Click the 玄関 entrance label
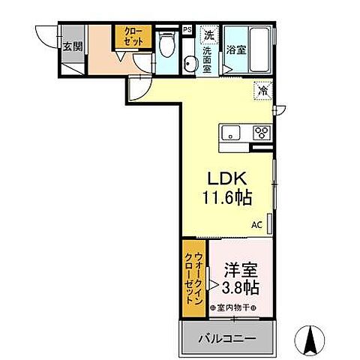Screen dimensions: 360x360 73,46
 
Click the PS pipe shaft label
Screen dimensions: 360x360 187,31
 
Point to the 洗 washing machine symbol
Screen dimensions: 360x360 208,34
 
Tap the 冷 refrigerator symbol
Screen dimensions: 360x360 263,89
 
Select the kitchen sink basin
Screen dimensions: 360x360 229,133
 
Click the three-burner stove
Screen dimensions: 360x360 261,133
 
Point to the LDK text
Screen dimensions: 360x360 227,180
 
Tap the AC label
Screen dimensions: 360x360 256,224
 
